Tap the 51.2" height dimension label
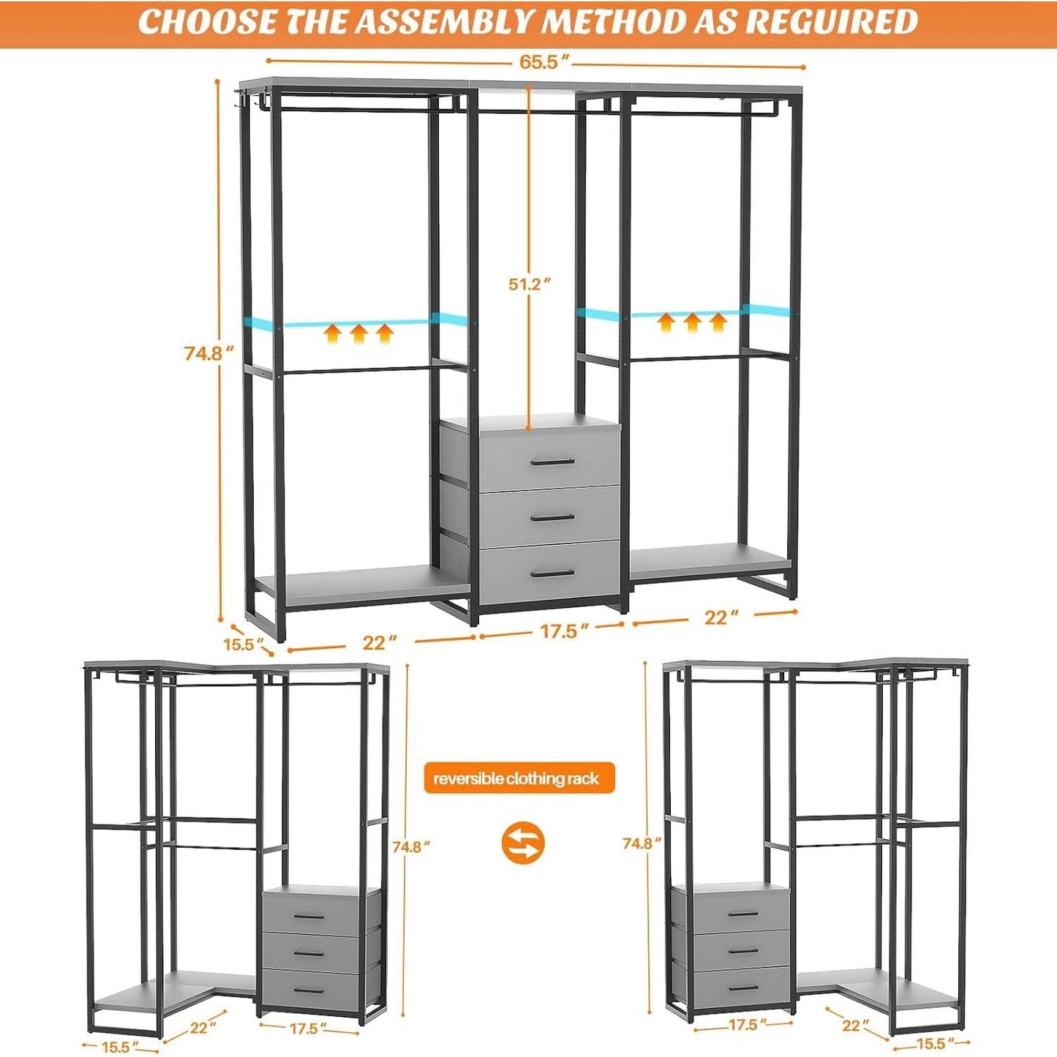529,284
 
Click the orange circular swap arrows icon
523,843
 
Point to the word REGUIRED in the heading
832,21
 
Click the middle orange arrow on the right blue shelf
692,321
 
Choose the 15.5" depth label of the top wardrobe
243,644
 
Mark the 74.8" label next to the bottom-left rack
410,847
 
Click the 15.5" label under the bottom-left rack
116,1047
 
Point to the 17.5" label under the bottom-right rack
742,1025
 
